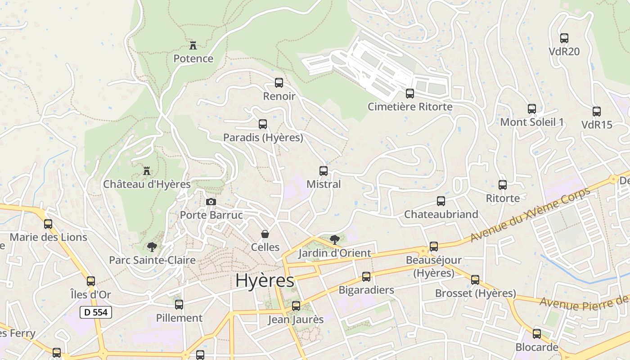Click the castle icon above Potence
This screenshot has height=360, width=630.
point(193,45)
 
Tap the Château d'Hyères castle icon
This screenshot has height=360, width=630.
point(146,171)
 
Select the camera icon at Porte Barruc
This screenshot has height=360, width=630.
point(211,202)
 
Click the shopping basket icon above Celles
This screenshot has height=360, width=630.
point(265,234)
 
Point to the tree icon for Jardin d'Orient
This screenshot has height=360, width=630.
point(334,239)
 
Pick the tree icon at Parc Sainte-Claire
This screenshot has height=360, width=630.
point(152,247)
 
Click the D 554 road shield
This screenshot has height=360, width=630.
point(96,312)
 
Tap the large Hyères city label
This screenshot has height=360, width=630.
point(265,280)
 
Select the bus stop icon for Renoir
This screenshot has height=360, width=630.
point(279,83)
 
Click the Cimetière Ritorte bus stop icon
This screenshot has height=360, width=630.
point(410,94)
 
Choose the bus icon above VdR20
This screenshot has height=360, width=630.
point(564,38)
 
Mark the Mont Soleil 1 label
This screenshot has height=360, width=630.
point(532,122)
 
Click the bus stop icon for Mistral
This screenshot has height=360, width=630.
point(324,171)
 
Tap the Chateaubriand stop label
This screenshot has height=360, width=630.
point(441,214)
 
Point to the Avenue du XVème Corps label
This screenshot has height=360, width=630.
point(530,214)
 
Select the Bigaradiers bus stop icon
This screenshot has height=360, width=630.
point(366,277)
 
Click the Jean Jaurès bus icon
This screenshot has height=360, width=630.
point(296,306)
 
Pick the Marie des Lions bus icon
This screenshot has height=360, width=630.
point(48,224)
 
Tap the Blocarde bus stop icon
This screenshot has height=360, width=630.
point(537,334)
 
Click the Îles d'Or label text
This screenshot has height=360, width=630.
point(91,295)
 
